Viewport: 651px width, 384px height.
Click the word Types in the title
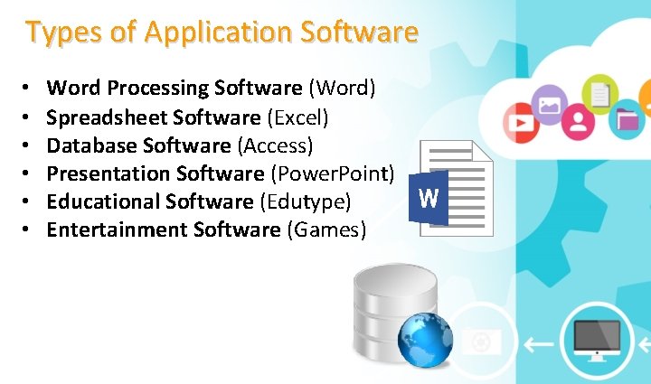(56, 33)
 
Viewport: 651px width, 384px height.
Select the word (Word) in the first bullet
(343, 89)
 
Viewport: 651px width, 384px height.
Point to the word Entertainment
(117, 229)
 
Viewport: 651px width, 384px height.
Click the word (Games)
(326, 229)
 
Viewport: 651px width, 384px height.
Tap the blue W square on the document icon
(429, 198)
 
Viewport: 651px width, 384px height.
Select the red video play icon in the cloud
(520, 123)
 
